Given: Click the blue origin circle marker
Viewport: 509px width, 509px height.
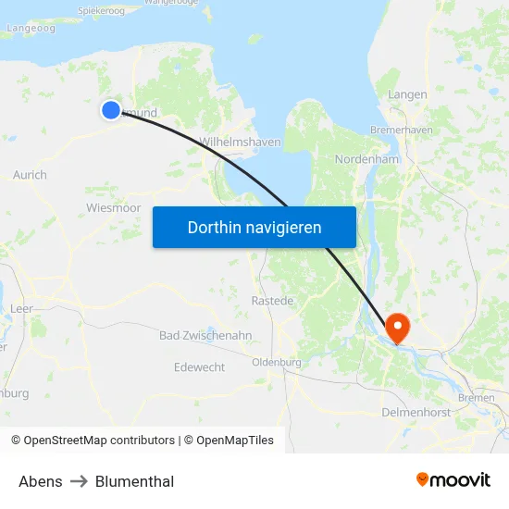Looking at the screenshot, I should click(111, 110).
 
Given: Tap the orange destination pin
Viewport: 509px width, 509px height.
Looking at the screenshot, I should click(397, 327).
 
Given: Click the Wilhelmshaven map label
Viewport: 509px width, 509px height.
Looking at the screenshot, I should click(240, 143).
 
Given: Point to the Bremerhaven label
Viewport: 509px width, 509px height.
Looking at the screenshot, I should click(401, 130).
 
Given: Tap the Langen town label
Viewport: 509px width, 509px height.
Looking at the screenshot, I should click(407, 94).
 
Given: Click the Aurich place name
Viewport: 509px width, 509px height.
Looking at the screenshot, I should click(30, 175).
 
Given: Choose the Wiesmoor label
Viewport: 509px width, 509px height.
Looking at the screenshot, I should click(113, 208).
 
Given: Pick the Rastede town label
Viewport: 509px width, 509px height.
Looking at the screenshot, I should click(272, 301).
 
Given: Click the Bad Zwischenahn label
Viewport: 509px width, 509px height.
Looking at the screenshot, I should click(205, 335).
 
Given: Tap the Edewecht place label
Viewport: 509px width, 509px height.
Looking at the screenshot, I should click(199, 367).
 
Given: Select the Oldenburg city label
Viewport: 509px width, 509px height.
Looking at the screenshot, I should click(277, 362).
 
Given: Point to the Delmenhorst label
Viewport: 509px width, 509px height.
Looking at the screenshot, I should click(416, 412).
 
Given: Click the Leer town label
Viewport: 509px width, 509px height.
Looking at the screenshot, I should click(21, 308).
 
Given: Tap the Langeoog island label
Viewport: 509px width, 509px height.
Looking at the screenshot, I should click(31, 28).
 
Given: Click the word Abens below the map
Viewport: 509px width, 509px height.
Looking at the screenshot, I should click(41, 481).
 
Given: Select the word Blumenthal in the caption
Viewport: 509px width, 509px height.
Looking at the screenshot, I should click(134, 481).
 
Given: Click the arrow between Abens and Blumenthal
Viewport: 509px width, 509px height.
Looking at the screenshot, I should click(79, 481).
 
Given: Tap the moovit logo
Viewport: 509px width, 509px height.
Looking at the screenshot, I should click(453, 479).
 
